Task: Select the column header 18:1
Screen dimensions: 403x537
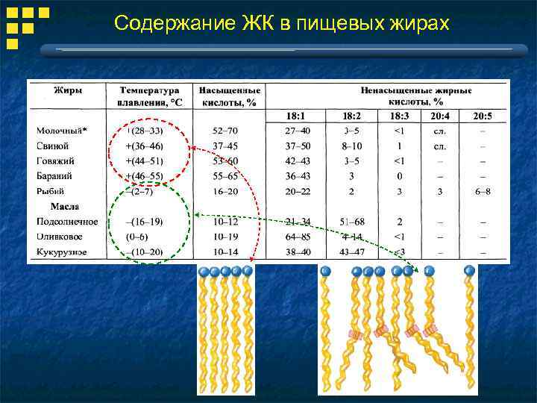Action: pyautogui.click(x=298, y=116)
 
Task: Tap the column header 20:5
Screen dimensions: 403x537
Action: pyautogui.click(x=483, y=116)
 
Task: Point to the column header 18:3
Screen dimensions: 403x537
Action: pyautogui.click(x=400, y=116)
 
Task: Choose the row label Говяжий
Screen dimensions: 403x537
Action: pyautogui.click(x=57, y=160)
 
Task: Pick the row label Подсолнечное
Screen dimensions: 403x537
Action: pyautogui.click(x=67, y=222)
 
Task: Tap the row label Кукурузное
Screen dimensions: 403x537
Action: pyautogui.click(x=62, y=252)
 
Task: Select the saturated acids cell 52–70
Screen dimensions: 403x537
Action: pyautogui.click(x=224, y=131)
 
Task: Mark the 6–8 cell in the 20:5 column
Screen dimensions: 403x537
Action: pyautogui.click(x=483, y=192)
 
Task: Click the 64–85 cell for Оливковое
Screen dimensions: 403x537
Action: pyautogui.click(x=298, y=237)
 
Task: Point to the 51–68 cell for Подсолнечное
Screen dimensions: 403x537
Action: pyautogui.click(x=352, y=222)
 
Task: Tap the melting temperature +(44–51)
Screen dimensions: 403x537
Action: pyautogui.click(x=145, y=160)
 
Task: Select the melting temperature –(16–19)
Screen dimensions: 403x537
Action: pyautogui.click(x=145, y=222)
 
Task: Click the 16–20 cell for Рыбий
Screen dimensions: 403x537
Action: pyautogui.click(x=224, y=192)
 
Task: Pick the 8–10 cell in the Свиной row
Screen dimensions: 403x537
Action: pyautogui.click(x=352, y=146)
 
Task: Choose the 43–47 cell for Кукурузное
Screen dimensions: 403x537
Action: pyautogui.click(x=352, y=252)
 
